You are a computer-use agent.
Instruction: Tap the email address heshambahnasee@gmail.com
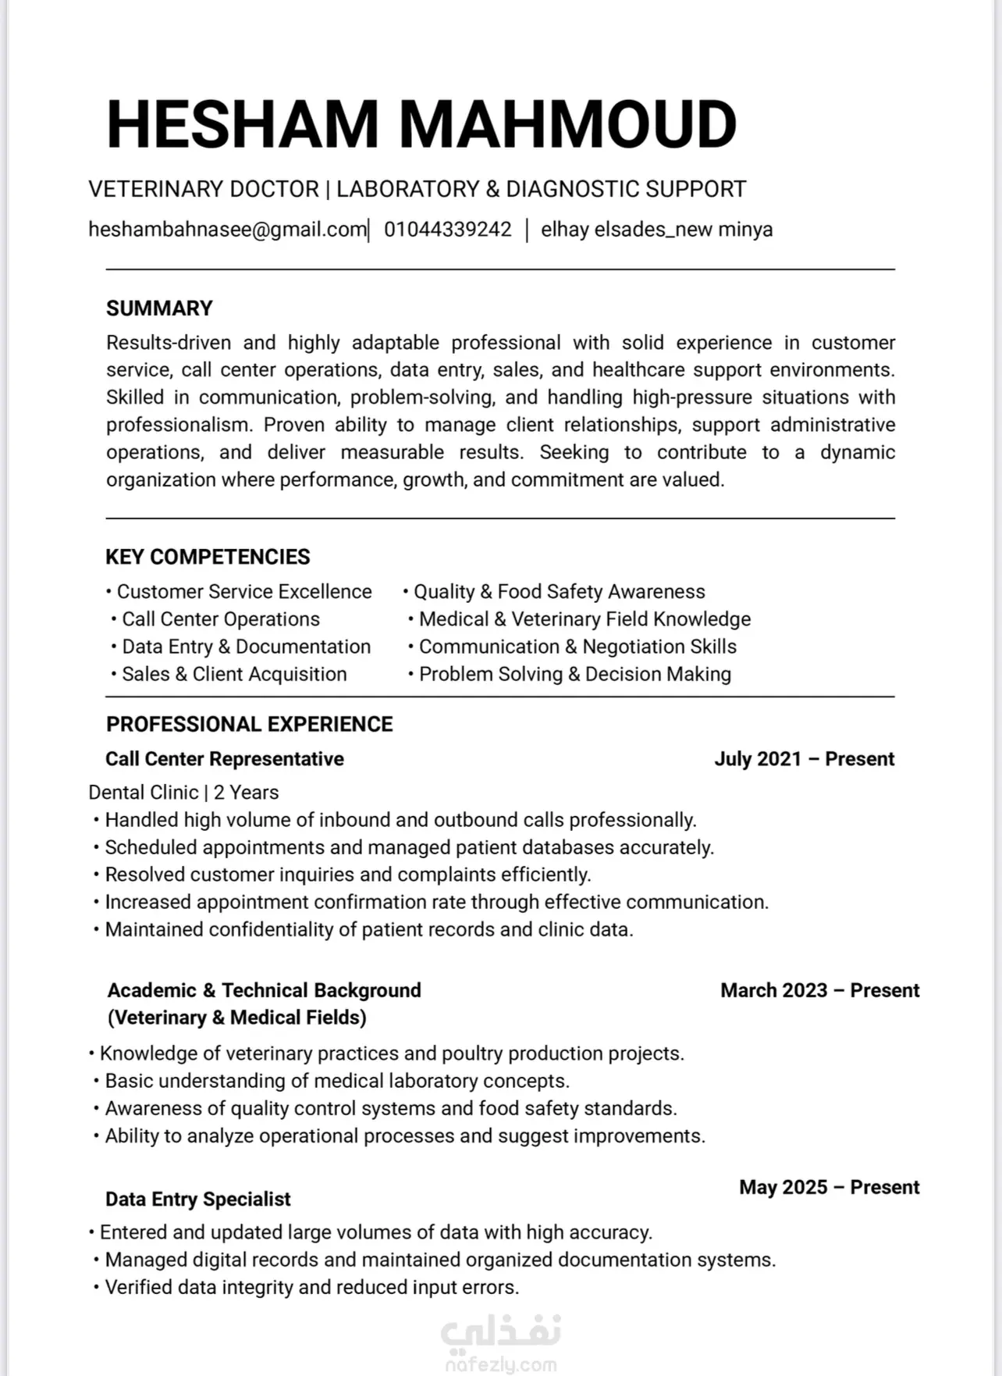point(227,230)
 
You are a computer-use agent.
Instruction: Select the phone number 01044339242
point(447,230)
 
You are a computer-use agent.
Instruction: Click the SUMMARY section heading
point(159,308)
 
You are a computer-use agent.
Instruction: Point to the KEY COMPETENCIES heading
point(208,557)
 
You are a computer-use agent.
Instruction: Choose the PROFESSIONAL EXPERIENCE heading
point(249,725)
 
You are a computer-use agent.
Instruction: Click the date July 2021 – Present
point(804,759)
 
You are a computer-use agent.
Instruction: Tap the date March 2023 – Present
point(819,990)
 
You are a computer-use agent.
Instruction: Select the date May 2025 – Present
point(829,1187)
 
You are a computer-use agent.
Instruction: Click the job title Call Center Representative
point(225,759)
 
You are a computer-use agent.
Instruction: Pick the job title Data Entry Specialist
point(198,1200)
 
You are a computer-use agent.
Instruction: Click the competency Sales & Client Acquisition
point(234,675)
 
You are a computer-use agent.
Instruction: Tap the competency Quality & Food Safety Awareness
point(559,592)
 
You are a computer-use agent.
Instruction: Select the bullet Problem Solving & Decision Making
point(574,675)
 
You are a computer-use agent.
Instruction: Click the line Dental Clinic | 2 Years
point(183,793)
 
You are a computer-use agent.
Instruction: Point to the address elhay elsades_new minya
point(656,230)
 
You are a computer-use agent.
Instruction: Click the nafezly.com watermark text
point(500,1364)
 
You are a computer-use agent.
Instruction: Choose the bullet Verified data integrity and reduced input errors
point(311,1288)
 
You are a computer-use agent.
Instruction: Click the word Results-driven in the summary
point(169,343)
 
